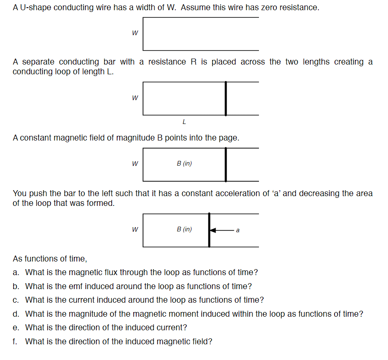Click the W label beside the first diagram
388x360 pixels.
(x=135, y=33)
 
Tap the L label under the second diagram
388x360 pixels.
(x=184, y=122)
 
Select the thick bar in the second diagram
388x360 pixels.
(x=225, y=98)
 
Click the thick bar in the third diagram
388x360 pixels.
(x=225, y=164)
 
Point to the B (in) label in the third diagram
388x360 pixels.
(x=184, y=163)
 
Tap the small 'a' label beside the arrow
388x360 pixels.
(x=237, y=231)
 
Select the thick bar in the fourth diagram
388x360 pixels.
(x=209, y=230)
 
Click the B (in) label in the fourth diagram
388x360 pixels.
(x=184, y=229)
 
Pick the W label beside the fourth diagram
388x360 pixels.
(x=135, y=230)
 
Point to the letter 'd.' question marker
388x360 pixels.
(x=16, y=314)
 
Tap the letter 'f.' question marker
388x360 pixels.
(x=15, y=341)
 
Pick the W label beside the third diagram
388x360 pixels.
(x=135, y=164)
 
